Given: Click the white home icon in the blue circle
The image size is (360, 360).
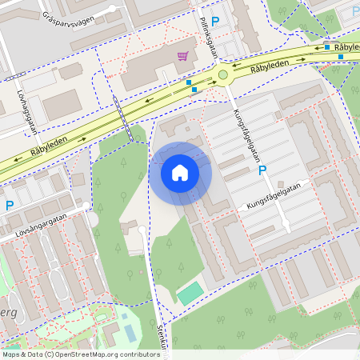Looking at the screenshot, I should [x=180, y=173].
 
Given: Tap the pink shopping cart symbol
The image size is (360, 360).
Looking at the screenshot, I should [x=182, y=55].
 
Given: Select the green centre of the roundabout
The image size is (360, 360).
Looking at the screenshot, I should [x=223, y=75].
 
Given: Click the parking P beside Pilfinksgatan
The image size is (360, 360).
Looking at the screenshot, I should [x=214, y=22].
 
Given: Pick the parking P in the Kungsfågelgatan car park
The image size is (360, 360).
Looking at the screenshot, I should [x=260, y=170].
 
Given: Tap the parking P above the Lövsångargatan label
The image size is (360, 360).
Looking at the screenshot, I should [x=10, y=205].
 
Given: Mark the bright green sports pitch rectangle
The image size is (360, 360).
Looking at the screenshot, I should [x=190, y=293].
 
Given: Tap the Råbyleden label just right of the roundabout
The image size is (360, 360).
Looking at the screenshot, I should [x=268, y=69].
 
